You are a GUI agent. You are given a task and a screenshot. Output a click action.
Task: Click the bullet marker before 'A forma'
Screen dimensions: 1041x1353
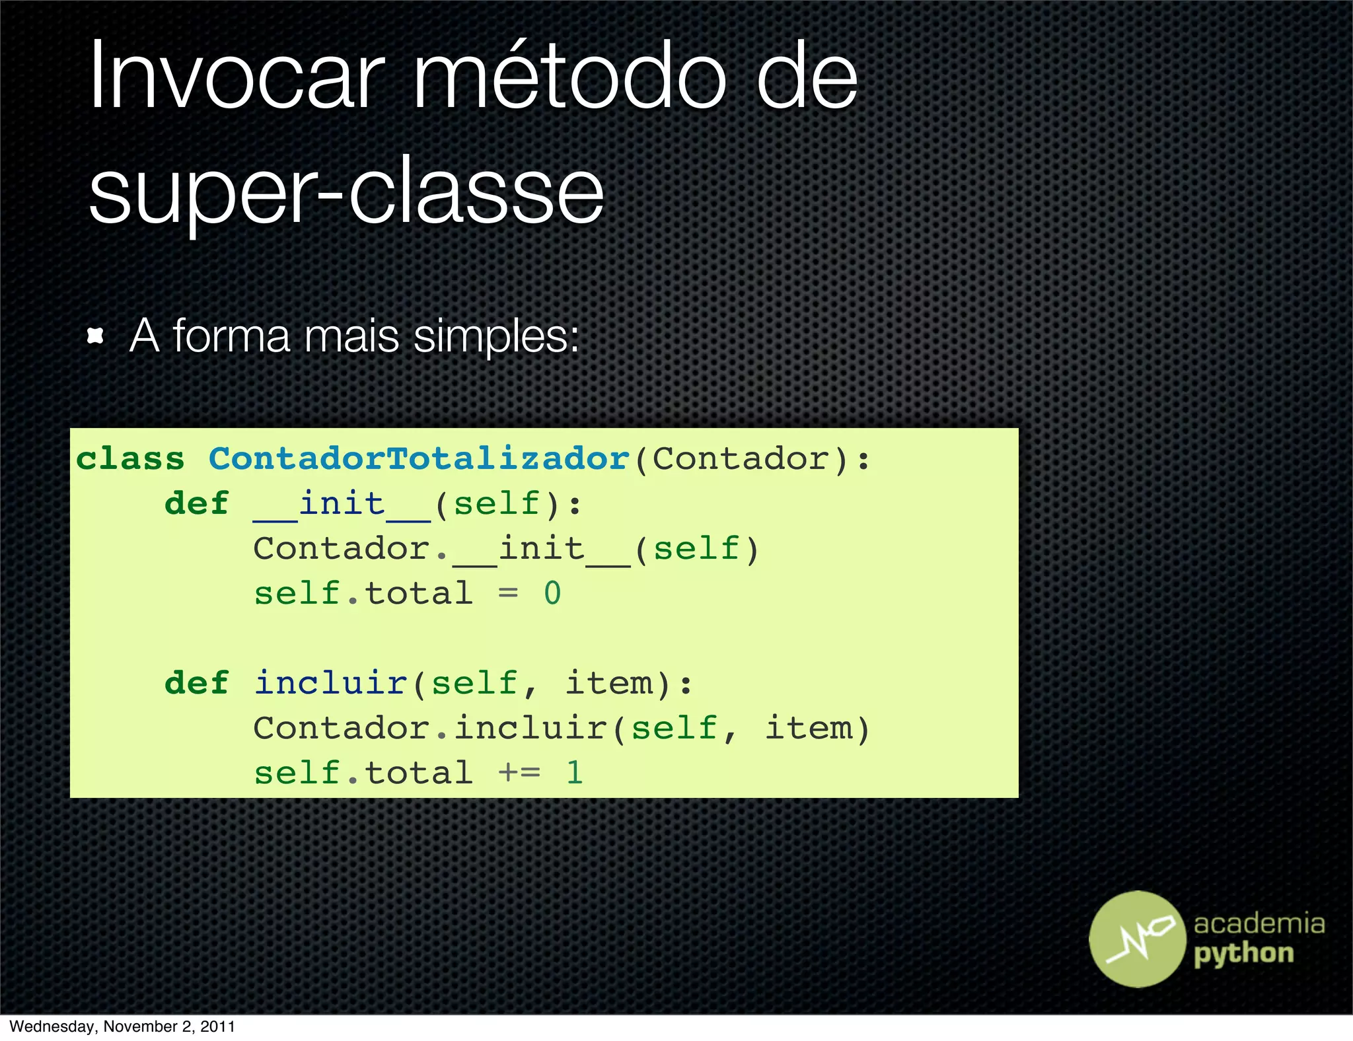point(96,336)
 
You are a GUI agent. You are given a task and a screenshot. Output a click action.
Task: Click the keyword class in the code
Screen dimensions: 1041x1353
point(130,459)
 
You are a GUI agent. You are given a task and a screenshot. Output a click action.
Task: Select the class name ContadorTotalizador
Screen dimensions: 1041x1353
point(419,459)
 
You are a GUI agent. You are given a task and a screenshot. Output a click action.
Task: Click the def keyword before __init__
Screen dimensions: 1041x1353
point(196,504)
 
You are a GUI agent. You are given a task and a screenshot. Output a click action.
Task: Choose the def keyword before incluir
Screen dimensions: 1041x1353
point(196,683)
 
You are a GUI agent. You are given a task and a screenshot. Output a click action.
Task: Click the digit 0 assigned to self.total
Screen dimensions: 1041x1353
point(552,594)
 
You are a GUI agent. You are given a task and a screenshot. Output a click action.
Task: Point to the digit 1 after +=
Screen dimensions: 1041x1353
point(575,773)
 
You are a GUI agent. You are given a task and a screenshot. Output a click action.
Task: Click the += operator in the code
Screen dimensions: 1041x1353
point(519,773)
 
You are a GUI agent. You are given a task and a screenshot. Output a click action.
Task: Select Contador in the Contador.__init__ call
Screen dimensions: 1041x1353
point(342,549)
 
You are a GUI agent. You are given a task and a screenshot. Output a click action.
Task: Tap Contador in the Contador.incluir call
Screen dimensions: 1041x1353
point(342,729)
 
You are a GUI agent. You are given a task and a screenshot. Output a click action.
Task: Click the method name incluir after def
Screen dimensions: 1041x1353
point(330,683)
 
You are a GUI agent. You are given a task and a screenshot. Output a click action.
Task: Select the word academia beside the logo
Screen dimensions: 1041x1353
point(1259,923)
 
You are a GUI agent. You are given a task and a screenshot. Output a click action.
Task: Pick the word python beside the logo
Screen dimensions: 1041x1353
point(1244,954)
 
